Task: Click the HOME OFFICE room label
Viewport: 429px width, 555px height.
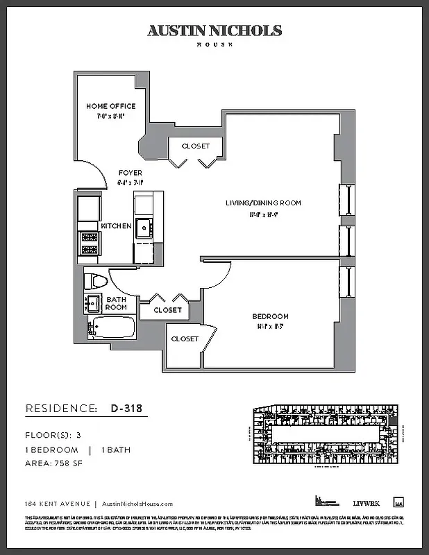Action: point(111,106)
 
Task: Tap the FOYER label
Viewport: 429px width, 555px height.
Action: point(130,173)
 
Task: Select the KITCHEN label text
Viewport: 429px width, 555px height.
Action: point(116,226)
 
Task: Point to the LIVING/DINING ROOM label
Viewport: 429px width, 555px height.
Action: point(263,203)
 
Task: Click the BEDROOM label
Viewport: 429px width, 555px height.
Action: point(271,317)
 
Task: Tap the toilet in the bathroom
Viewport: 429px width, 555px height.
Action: point(94,281)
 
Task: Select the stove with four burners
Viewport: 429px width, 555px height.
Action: point(90,244)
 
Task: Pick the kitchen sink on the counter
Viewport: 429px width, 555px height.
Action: point(144,226)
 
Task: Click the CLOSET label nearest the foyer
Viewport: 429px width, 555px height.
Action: point(196,146)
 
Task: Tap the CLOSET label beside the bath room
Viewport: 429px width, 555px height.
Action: point(167,310)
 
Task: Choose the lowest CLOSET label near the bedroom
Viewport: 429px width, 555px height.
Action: point(185,339)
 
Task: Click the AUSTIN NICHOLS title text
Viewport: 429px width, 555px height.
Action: point(214,31)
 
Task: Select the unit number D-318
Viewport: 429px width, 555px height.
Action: point(126,409)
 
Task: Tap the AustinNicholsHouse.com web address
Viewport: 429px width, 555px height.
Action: point(137,504)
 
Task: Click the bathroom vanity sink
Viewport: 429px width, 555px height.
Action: point(92,302)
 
